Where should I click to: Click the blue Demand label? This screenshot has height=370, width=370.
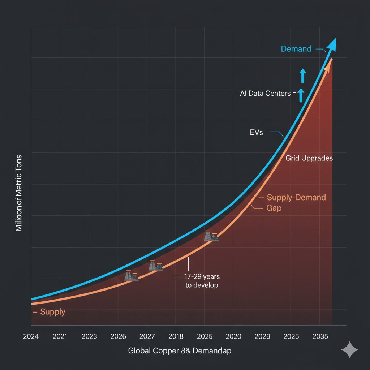tap(296, 49)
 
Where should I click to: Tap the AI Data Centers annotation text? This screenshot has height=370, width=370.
tap(265, 93)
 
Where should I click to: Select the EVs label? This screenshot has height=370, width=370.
tap(256, 133)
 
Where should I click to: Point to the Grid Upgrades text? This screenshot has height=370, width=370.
tap(309, 158)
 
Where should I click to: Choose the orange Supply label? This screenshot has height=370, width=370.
tap(52, 312)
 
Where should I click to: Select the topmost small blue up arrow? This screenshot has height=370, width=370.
tap(303, 76)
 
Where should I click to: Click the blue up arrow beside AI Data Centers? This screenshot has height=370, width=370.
tap(301, 95)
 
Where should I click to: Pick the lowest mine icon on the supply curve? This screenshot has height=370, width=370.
tap(131, 276)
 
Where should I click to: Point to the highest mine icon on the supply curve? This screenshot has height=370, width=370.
tap(211, 236)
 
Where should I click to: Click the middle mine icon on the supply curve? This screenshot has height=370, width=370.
tap(155, 266)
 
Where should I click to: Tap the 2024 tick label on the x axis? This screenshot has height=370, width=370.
tap(31, 336)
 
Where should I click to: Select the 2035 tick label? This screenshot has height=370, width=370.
tap(320, 336)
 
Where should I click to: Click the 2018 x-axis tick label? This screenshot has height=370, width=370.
tap(176, 336)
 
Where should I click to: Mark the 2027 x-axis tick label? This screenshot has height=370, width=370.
tap(147, 336)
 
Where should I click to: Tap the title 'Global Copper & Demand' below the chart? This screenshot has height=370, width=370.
tap(180, 350)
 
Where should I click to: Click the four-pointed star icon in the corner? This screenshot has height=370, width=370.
tap(350, 349)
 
